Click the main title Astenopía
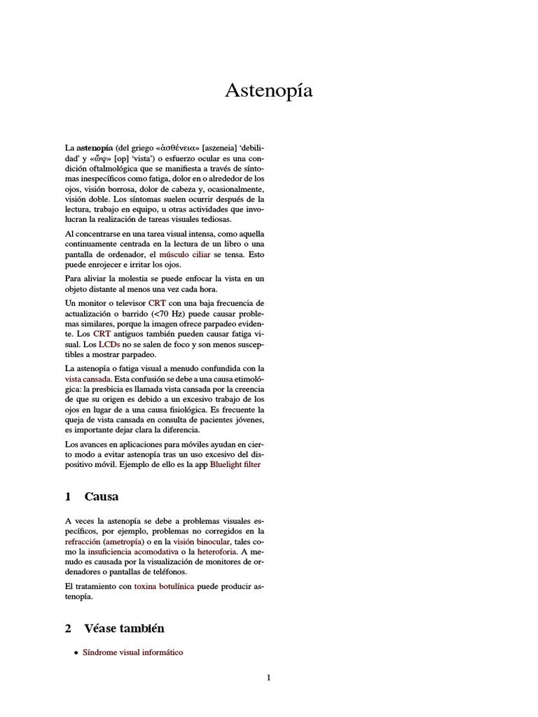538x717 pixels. tap(268, 91)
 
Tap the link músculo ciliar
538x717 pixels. tap(185, 254)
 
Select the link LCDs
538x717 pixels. tap(110, 344)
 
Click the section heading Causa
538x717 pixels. tap(101, 496)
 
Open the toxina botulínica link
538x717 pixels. tap(164, 585)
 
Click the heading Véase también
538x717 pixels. tap(124, 628)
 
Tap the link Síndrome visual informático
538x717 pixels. tap(132, 652)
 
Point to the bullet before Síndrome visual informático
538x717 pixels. tap(76, 653)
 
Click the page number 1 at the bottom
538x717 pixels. tap(268, 677)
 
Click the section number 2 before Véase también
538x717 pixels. tap(68, 628)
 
